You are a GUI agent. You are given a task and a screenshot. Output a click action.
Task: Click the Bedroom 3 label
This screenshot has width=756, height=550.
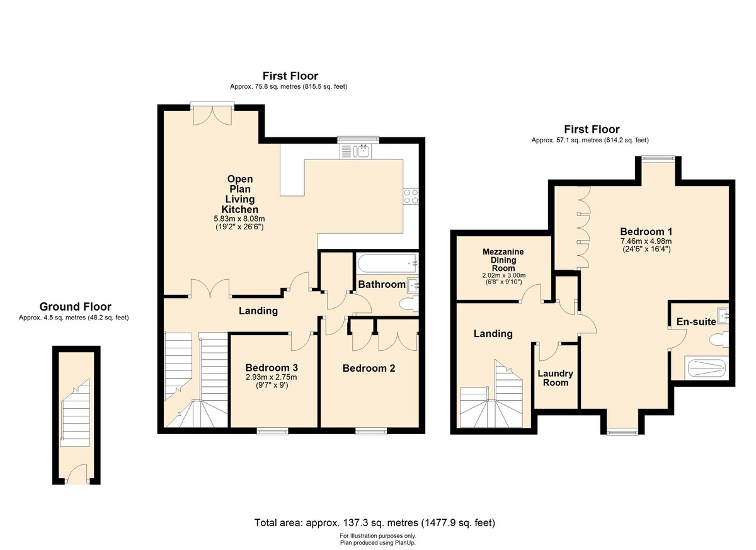272,367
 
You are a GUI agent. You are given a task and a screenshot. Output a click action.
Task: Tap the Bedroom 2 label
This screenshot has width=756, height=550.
369,368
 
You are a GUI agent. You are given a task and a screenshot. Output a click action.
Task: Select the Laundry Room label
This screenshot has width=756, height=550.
555,378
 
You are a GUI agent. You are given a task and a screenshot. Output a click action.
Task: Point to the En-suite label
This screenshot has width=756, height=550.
696,321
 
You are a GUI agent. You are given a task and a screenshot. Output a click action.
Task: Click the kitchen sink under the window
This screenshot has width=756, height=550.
355,151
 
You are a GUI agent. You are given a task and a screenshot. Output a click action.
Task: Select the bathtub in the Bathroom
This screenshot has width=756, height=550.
387,263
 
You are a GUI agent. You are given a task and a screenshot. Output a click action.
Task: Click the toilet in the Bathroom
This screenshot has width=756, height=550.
408,304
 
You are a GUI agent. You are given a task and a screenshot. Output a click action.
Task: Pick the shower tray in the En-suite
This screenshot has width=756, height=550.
706,367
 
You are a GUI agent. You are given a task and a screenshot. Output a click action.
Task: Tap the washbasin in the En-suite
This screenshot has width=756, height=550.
723,316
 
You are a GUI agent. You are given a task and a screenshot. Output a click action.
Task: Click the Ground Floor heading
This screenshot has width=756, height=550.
75,306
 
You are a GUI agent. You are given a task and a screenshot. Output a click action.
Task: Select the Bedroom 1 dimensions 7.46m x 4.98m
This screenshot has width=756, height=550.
646,241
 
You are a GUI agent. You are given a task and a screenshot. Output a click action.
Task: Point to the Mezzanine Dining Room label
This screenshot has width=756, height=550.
503,260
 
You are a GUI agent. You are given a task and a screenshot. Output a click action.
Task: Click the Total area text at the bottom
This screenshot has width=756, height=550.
375,523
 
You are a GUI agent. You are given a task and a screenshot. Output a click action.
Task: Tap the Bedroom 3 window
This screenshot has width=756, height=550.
272,431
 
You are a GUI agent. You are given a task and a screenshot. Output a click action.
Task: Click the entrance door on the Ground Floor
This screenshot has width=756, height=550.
77,473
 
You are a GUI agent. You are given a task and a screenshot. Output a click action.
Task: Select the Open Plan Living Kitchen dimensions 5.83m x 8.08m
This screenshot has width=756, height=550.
239,219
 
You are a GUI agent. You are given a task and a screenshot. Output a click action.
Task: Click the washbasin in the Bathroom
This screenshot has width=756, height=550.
413,286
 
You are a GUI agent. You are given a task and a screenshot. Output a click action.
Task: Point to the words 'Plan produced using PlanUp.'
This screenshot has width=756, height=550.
377,543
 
